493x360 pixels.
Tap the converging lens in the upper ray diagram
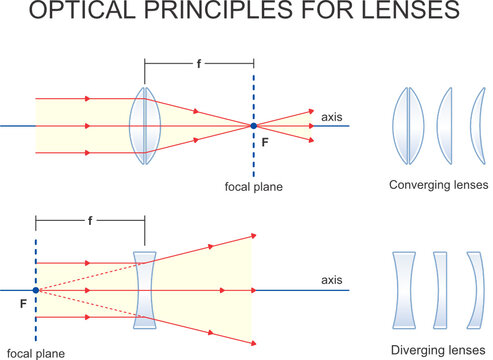click(145, 126)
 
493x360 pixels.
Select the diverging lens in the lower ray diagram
click(145, 290)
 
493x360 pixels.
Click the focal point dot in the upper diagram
click(254, 126)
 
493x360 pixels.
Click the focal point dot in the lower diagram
click(36, 290)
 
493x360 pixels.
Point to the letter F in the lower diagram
click(22, 299)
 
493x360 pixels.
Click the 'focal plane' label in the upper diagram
click(255, 186)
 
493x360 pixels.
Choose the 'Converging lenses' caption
click(439, 185)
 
